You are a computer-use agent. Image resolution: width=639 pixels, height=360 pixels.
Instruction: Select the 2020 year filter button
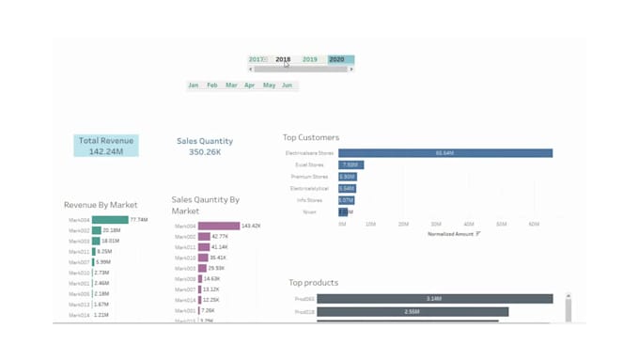pos(337,60)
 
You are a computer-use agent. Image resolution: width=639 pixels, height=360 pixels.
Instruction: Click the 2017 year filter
pos(257,60)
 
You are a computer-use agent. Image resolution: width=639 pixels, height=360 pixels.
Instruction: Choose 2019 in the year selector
pos(310,60)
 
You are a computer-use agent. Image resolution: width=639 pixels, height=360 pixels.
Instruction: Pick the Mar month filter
pos(230,86)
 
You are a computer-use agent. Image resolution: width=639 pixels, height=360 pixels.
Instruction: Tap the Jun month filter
pos(287,86)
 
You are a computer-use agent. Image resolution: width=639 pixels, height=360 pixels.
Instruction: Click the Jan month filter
pos(194,86)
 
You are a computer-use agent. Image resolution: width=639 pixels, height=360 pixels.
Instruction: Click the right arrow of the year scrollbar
pos(351,70)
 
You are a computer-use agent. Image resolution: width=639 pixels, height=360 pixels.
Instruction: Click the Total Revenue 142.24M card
pos(106,146)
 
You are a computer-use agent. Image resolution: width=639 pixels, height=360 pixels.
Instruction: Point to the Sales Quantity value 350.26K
pos(204,152)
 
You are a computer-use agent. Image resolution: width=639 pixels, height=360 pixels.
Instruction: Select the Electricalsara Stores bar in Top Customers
pos(444,153)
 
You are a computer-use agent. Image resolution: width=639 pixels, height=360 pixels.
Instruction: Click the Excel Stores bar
pos(351,164)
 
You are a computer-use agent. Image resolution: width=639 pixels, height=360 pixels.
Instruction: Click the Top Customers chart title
pos(311,137)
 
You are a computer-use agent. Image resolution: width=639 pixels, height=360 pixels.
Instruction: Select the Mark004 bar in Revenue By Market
pos(110,220)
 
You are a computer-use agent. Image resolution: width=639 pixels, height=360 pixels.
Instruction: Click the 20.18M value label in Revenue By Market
pos(112,230)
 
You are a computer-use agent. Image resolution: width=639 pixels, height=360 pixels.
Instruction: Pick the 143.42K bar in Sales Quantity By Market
pos(219,227)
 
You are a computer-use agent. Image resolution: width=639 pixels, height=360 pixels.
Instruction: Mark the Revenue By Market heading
pos(101,205)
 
